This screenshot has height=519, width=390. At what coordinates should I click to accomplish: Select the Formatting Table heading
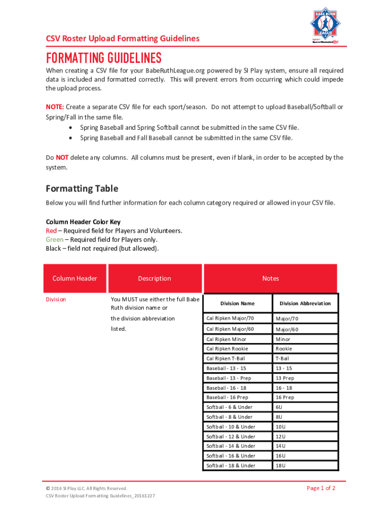(x=82, y=189)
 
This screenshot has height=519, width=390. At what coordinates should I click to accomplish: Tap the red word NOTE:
(x=55, y=107)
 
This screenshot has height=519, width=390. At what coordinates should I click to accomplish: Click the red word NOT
(x=62, y=158)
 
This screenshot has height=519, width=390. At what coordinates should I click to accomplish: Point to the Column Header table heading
(x=75, y=278)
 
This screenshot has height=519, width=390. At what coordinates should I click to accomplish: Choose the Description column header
(x=154, y=278)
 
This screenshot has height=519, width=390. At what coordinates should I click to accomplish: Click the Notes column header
(x=270, y=278)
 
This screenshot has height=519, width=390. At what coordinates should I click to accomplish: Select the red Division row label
(x=56, y=299)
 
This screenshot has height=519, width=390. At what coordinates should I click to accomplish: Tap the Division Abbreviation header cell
(x=305, y=303)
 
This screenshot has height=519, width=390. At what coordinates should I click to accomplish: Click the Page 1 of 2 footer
(x=321, y=488)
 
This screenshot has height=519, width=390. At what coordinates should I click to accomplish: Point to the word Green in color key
(x=55, y=239)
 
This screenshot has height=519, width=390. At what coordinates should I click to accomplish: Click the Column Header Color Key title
(x=83, y=222)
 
